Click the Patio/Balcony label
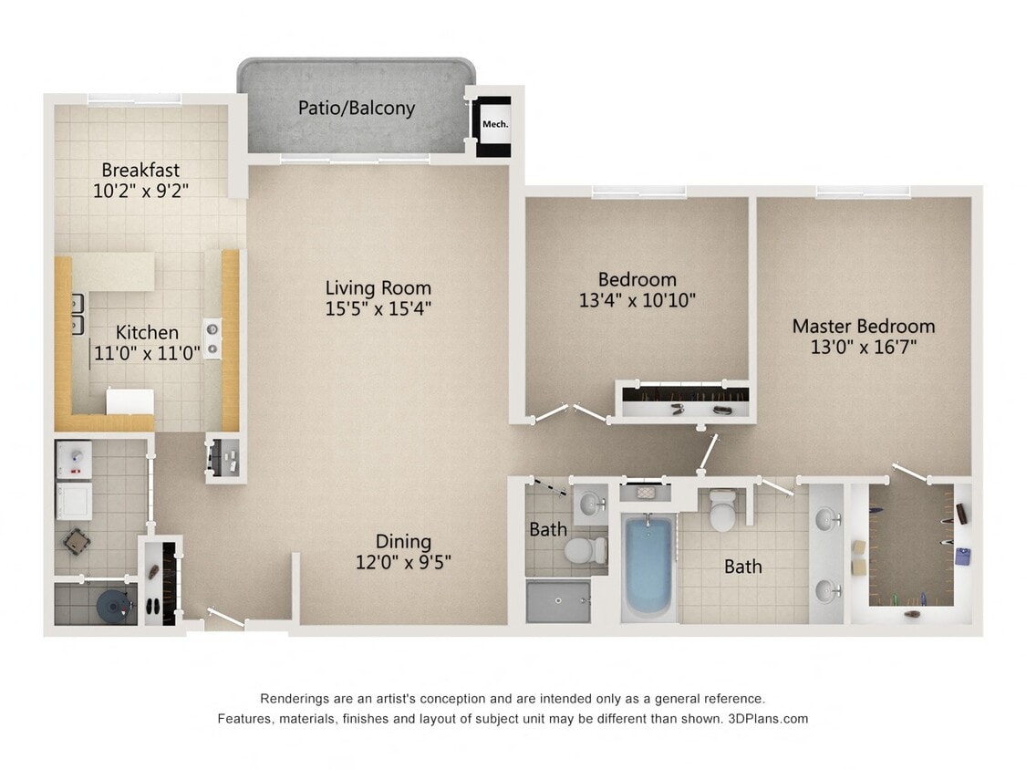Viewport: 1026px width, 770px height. click(x=356, y=108)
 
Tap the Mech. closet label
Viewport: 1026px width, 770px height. click(x=495, y=124)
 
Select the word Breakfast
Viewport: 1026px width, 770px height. click(x=140, y=170)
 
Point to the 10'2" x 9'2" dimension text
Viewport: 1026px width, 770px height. click(x=140, y=191)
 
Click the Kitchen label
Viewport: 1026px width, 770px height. click(x=147, y=332)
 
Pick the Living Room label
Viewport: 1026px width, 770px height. click(x=378, y=287)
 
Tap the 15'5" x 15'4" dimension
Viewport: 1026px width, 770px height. click(x=378, y=308)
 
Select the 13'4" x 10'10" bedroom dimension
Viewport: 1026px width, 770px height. click(x=637, y=300)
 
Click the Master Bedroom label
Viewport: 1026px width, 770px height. click(x=863, y=326)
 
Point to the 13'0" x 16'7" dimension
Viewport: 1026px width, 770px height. click(x=863, y=347)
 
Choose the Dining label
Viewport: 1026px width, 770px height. click(x=403, y=542)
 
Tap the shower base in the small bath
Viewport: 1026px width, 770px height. click(x=557, y=601)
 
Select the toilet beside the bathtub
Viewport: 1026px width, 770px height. click(x=722, y=511)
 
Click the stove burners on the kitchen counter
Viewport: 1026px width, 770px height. click(x=212, y=338)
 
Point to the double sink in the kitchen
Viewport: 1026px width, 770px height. click(x=78, y=313)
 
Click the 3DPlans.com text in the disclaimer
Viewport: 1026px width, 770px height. click(x=768, y=719)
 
